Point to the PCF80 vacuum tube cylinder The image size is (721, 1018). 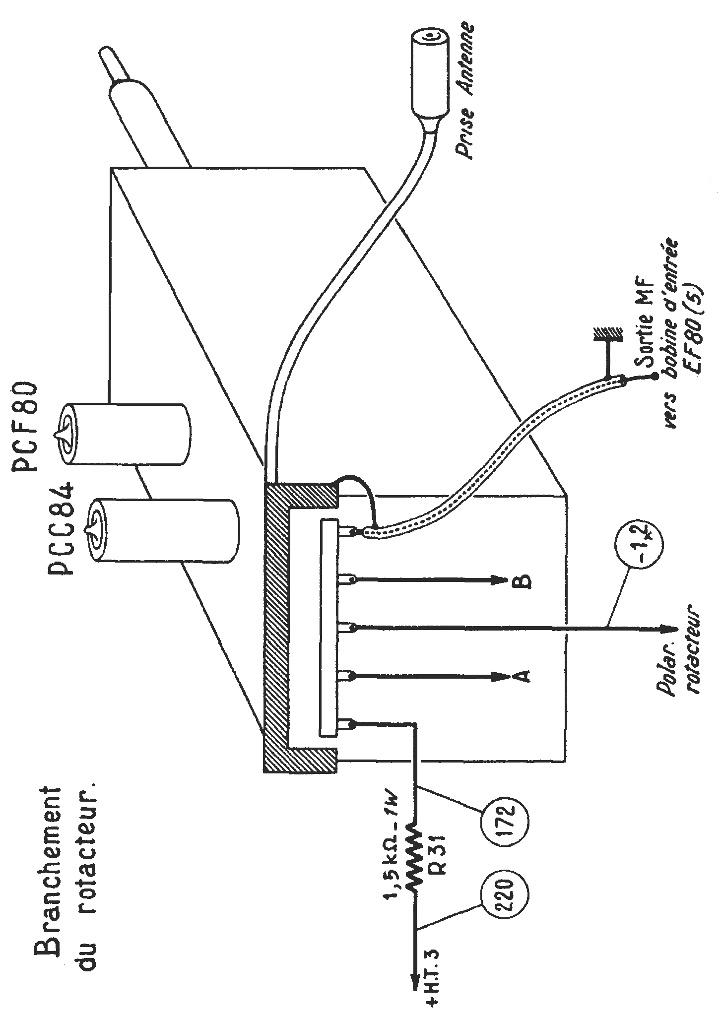[x=124, y=433]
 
